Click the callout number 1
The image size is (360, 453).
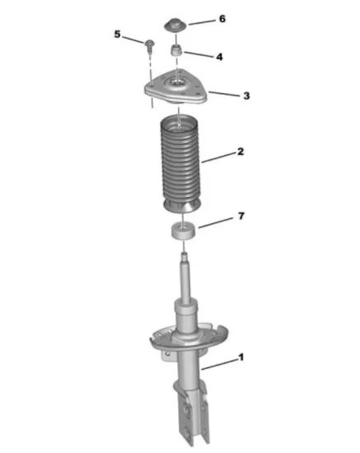(241, 357)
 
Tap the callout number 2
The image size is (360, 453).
(241, 152)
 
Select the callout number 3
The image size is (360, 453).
(246, 96)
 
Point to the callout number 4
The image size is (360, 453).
(220, 57)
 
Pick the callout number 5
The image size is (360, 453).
(117, 34)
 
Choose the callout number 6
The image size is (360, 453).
(222, 19)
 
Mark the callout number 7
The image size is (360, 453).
(241, 216)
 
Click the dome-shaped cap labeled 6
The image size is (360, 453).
(175, 26)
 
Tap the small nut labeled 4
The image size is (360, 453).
(176, 51)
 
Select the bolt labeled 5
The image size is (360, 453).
(149, 46)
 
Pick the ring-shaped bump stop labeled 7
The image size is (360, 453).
(184, 231)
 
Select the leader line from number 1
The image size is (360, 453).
(219, 364)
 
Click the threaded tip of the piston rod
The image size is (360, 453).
(184, 255)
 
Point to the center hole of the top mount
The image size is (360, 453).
(176, 83)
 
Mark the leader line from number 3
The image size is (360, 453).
(224, 94)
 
